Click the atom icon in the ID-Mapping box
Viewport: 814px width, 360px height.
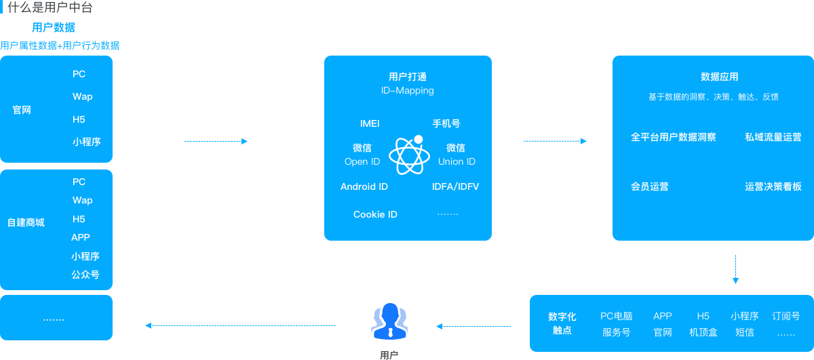(x=410, y=155)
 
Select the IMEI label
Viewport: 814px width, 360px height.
(x=370, y=124)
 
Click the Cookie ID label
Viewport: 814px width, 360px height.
(x=375, y=214)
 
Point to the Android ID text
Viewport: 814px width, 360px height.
(x=364, y=186)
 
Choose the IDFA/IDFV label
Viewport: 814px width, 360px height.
(x=455, y=186)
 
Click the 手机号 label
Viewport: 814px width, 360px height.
(x=446, y=124)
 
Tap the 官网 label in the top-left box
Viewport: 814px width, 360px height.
(x=22, y=110)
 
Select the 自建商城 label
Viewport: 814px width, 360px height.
(x=26, y=222)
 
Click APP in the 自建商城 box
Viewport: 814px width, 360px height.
(x=81, y=237)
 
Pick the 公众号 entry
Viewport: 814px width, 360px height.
(x=85, y=275)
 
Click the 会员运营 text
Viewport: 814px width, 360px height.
(x=650, y=186)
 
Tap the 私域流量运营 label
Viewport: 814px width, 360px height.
(x=773, y=137)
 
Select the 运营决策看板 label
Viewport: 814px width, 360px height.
(x=773, y=186)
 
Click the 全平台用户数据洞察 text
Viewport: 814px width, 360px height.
(x=674, y=137)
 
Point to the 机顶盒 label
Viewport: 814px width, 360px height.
(x=703, y=332)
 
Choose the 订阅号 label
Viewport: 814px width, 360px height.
(x=786, y=316)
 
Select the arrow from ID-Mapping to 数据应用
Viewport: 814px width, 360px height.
(x=555, y=141)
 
